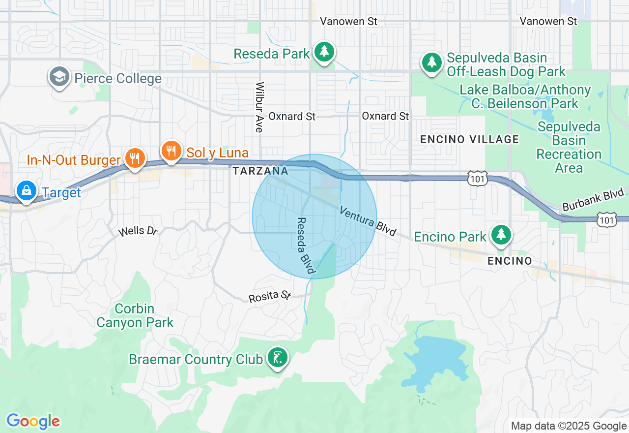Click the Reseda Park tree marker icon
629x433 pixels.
[x=324, y=52]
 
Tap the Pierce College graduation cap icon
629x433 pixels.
[x=59, y=78]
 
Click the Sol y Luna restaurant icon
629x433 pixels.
[x=171, y=151]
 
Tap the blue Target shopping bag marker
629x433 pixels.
[x=26, y=190]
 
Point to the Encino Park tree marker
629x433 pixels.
[x=501, y=235]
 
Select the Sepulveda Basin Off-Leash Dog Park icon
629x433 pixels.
[x=431, y=63]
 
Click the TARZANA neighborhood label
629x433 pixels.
[x=260, y=171]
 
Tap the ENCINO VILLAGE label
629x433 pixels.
[x=469, y=139]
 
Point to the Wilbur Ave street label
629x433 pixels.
[x=259, y=107]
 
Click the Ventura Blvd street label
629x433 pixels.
[x=368, y=221]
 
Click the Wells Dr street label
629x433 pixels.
[x=138, y=231]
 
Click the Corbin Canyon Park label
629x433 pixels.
[x=135, y=316]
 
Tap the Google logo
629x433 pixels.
[x=33, y=421]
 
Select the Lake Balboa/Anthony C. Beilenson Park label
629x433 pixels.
[x=525, y=97]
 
